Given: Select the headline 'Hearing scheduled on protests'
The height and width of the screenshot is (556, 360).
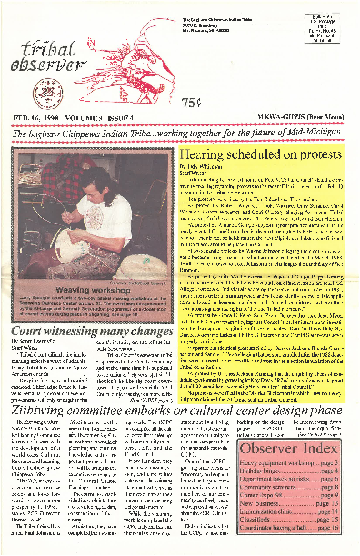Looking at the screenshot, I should (261, 154).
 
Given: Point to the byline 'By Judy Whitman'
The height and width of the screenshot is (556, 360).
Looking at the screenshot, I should (201, 167).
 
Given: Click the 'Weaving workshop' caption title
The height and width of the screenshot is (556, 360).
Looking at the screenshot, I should (90, 290).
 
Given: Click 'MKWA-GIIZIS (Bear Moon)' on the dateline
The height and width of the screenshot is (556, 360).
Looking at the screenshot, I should (300, 117).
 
